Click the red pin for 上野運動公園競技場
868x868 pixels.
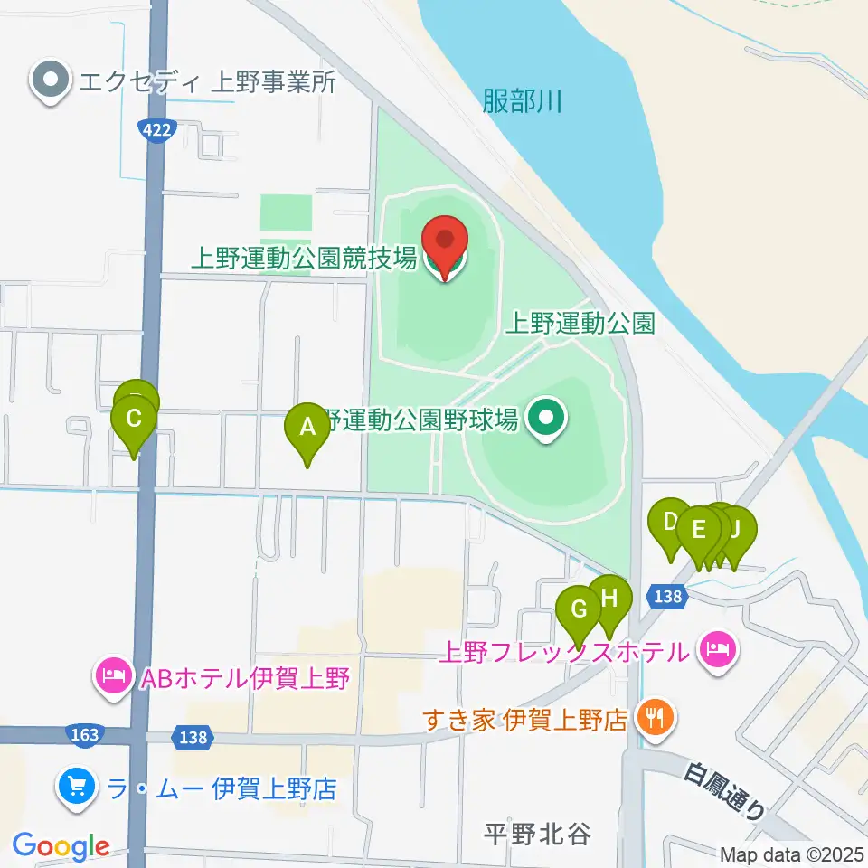point(445,243)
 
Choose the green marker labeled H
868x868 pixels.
point(610,599)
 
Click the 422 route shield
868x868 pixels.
point(156,130)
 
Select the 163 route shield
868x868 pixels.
point(84,734)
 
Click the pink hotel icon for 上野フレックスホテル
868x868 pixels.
point(718,648)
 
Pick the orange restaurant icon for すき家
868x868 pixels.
point(652,719)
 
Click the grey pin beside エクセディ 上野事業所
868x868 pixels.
point(51,82)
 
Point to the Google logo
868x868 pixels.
point(61,847)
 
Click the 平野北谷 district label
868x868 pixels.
point(537,834)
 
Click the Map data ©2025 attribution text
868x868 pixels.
point(791,854)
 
